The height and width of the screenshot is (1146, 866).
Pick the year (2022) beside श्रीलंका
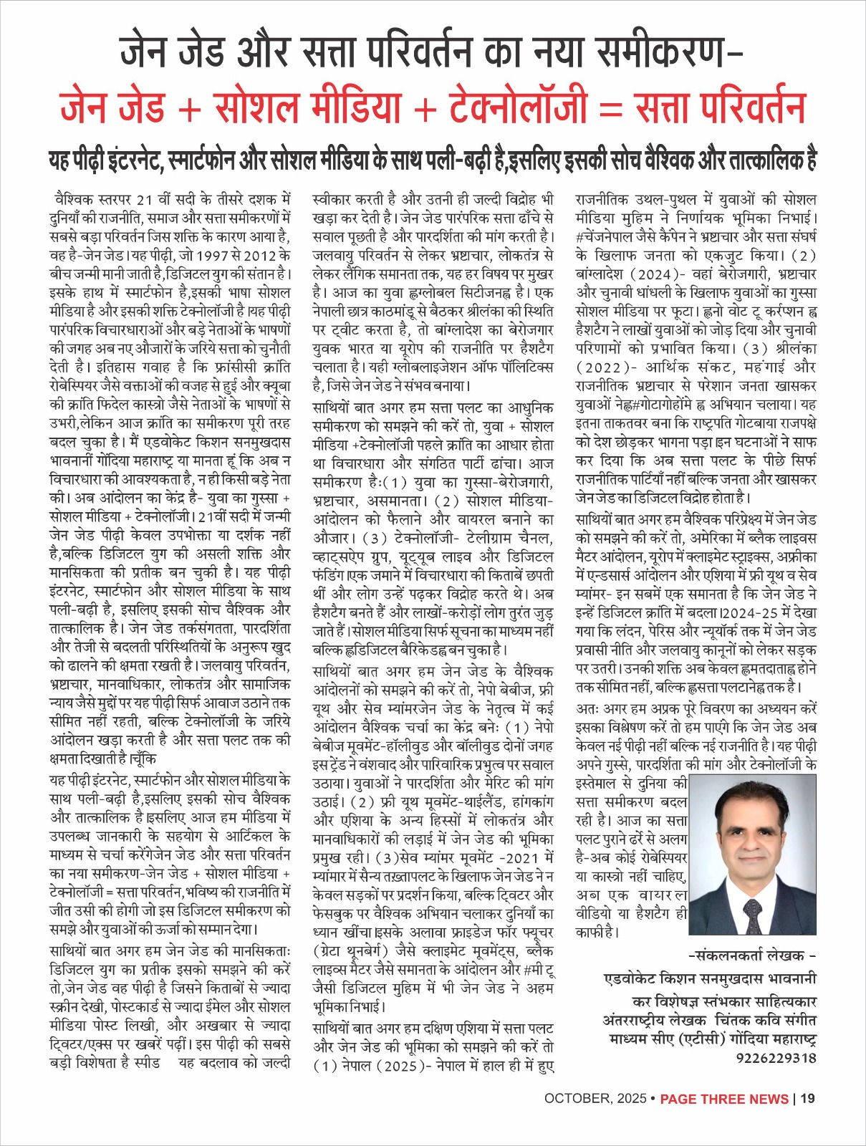tap(605, 367)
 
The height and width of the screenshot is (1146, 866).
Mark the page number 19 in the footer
tap(807, 1099)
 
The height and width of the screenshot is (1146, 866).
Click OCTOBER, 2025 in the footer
tap(594, 1099)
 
